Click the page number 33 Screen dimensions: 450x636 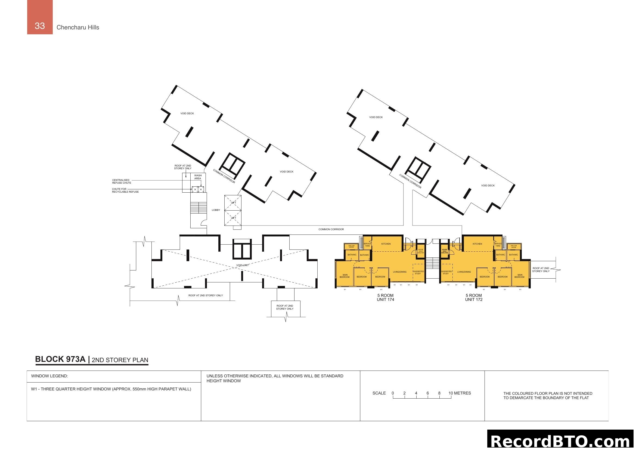(40, 26)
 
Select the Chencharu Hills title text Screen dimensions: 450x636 (77, 27)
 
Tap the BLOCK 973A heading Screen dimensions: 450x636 (60, 359)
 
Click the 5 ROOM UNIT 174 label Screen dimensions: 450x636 (385, 297)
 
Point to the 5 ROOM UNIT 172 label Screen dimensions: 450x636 (474, 297)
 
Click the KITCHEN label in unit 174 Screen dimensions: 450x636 (386, 244)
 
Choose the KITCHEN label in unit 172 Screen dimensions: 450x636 (477, 244)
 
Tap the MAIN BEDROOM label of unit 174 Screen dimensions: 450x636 (345, 276)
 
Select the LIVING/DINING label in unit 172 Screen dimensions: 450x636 (464, 272)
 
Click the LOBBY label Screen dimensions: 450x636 (216, 210)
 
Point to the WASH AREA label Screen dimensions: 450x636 (198, 177)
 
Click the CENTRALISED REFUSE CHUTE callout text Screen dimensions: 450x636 (122, 181)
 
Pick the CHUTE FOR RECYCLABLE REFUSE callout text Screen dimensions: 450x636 (125, 190)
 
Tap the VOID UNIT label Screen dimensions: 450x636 (242, 265)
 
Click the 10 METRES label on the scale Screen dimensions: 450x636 (460, 393)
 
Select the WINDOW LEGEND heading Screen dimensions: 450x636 (49, 376)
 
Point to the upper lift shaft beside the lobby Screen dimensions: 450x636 (233, 203)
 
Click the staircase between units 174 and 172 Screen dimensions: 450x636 (432, 263)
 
